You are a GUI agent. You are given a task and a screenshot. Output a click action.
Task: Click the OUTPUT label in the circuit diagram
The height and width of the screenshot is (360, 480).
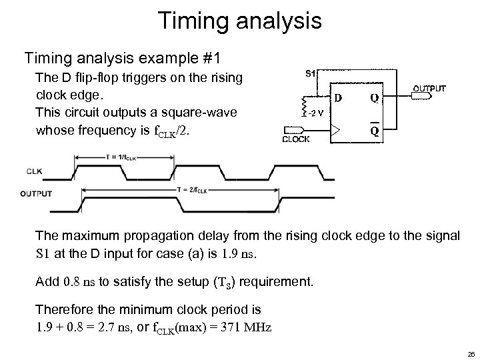(x=430, y=88)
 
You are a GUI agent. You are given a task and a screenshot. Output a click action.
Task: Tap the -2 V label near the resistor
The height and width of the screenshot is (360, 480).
(x=316, y=111)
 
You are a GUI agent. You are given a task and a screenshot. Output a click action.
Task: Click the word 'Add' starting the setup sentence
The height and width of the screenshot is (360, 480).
(x=47, y=281)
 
